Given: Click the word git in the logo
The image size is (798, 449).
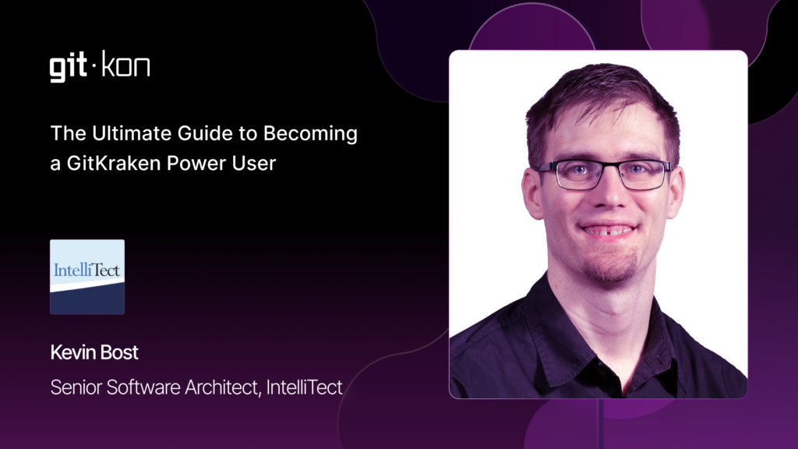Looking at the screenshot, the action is click(x=69, y=67).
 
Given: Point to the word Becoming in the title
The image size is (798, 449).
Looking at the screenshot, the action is click(x=310, y=134).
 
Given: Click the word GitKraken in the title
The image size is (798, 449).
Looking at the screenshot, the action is click(x=114, y=164).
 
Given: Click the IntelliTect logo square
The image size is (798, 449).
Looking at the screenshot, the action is click(x=87, y=277).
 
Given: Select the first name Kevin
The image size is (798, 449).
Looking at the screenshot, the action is click(x=72, y=352).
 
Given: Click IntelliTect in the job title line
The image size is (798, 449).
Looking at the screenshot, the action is click(x=305, y=387).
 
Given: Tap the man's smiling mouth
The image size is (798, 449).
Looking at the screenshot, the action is click(x=608, y=230).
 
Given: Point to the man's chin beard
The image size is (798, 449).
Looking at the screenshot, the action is click(x=609, y=267).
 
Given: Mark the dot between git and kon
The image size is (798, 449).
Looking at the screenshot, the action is click(x=94, y=65).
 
